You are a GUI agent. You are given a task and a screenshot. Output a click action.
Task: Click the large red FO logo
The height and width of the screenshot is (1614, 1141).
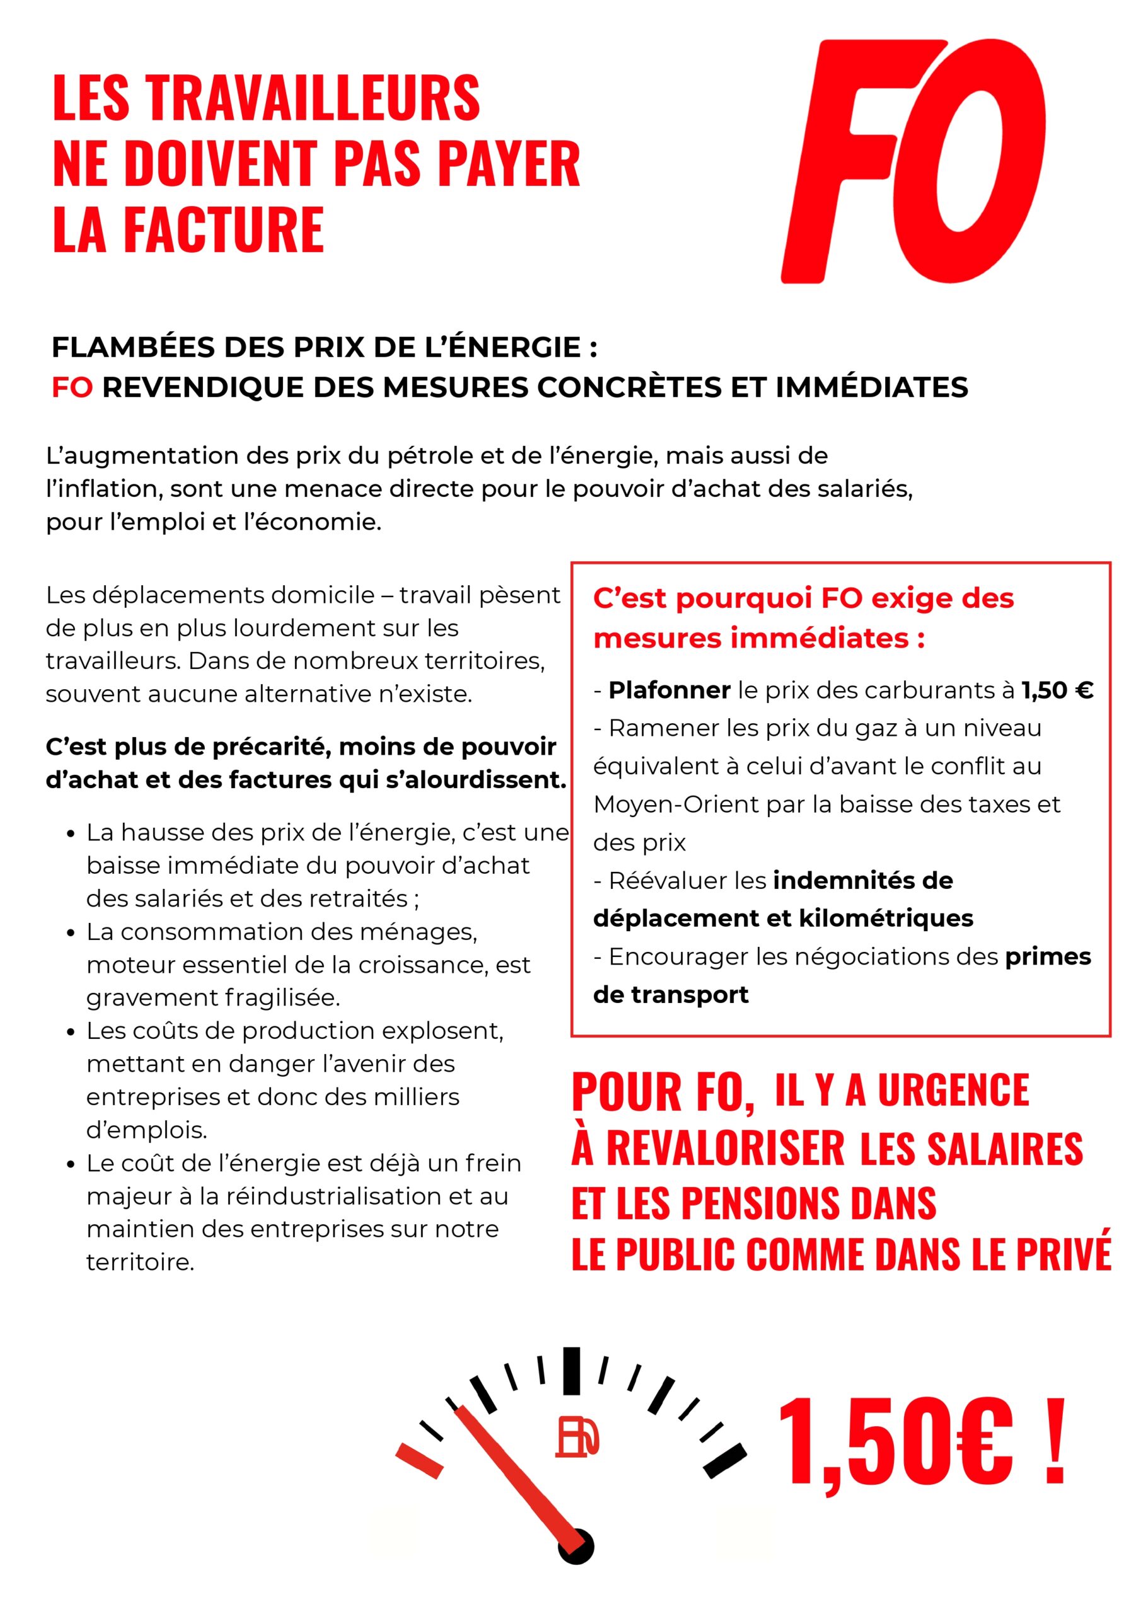click(x=914, y=161)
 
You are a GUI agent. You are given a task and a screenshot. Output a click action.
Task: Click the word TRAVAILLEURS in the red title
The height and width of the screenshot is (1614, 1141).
click(x=313, y=98)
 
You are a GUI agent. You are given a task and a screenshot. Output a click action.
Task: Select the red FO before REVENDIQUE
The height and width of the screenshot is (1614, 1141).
click(x=72, y=387)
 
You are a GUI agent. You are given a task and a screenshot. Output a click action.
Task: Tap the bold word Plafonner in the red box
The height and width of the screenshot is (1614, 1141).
click(x=669, y=690)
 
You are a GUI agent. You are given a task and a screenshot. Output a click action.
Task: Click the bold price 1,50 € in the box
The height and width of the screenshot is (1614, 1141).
click(x=1057, y=690)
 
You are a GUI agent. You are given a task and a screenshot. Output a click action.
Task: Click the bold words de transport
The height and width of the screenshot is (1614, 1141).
click(x=671, y=995)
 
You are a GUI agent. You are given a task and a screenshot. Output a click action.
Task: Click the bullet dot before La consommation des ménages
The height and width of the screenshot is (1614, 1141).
click(x=71, y=934)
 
